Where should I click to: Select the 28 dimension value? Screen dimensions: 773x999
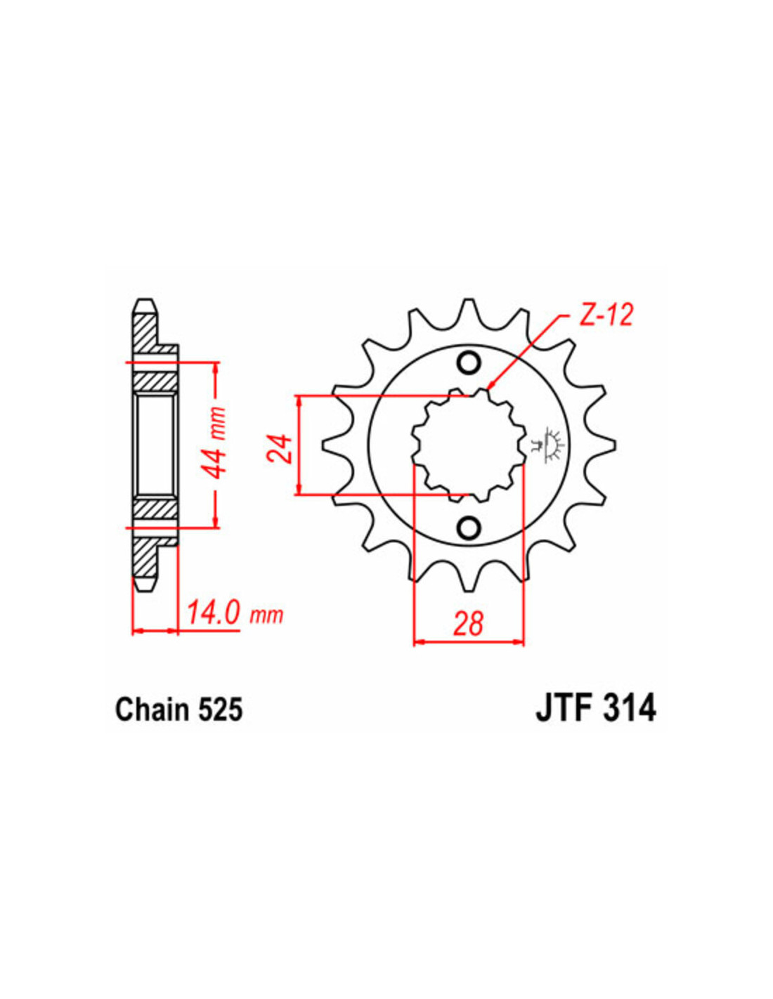(468, 625)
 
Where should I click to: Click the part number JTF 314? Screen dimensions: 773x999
(595, 710)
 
